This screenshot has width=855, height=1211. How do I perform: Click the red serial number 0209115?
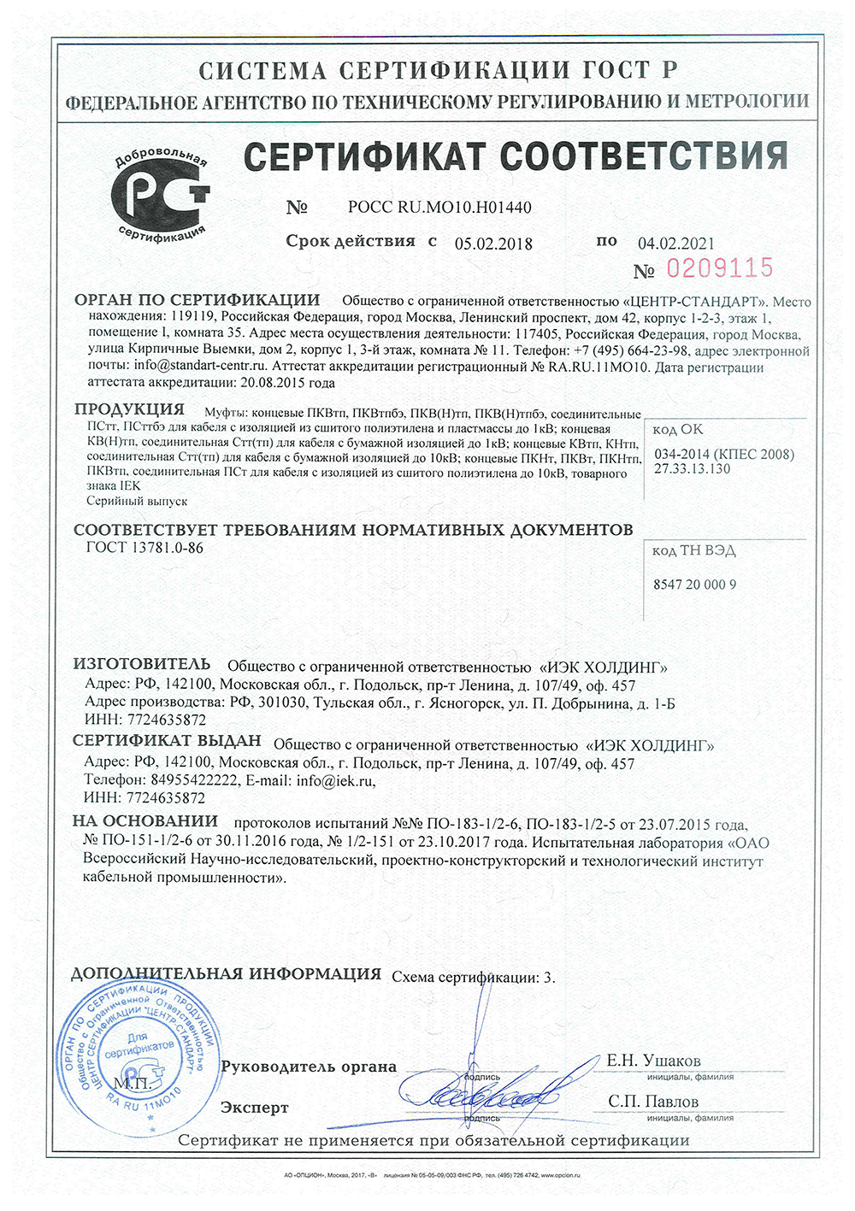pyautogui.click(x=719, y=268)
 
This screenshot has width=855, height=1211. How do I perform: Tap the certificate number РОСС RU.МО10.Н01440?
pyautogui.click(x=439, y=208)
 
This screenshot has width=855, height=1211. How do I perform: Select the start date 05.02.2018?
pyautogui.click(x=493, y=244)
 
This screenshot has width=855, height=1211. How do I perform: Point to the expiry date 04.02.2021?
pyautogui.click(x=675, y=244)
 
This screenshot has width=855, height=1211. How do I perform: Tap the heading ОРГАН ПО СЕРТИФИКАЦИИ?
pyautogui.click(x=197, y=300)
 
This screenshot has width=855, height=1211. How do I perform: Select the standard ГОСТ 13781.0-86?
pyautogui.click(x=144, y=548)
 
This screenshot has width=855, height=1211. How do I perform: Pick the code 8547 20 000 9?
pyautogui.click(x=694, y=585)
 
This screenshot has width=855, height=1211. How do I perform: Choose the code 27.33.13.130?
pyautogui.click(x=693, y=468)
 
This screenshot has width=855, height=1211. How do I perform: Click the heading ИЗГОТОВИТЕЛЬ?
pyautogui.click(x=142, y=664)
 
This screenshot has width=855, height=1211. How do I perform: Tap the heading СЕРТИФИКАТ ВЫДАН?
pyautogui.click(x=168, y=742)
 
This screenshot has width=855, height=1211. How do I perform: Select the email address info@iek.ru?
pyautogui.click(x=335, y=780)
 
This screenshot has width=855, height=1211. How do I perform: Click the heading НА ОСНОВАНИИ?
pyautogui.click(x=145, y=821)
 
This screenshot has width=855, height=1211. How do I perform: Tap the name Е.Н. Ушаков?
pyautogui.click(x=653, y=1061)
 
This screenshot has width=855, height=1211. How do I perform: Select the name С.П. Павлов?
pyautogui.click(x=653, y=1102)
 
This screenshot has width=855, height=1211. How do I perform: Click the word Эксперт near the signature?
pyautogui.click(x=255, y=1108)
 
